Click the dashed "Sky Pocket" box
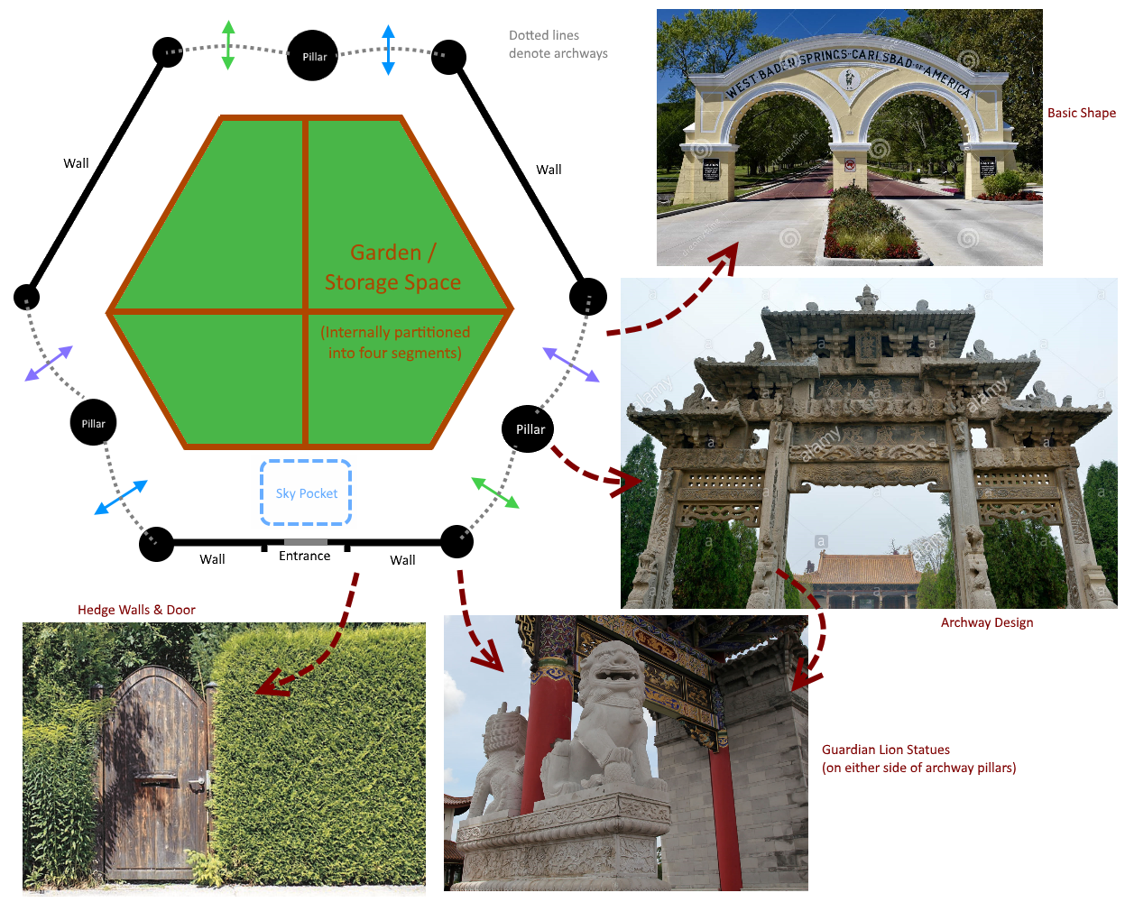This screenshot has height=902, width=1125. [306, 492]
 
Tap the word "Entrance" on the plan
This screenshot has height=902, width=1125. [304, 557]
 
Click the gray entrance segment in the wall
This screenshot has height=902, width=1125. [305, 542]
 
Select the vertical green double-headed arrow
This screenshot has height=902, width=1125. [228, 45]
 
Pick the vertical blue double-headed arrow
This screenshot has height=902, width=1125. [388, 50]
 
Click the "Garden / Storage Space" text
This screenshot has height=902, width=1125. [392, 268]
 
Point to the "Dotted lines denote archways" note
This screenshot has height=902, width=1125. [558, 44]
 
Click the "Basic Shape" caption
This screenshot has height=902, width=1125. [1081, 113]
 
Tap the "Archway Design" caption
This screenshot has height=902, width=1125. [986, 622]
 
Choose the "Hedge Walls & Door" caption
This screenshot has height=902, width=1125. [136, 610]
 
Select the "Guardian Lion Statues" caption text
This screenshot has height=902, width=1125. [885, 750]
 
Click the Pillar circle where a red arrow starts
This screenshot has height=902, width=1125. [528, 429]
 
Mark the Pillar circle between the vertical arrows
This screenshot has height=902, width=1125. [312, 56]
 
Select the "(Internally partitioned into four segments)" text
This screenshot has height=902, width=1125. [395, 343]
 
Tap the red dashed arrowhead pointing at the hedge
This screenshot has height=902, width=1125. [269, 686]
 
